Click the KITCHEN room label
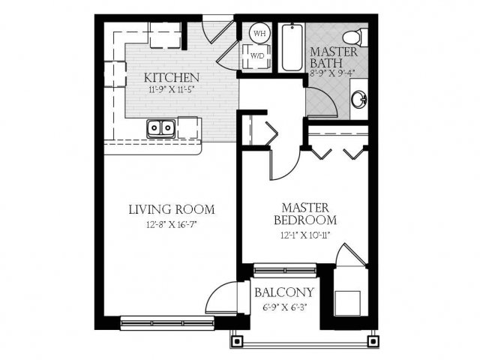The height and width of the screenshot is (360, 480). pyautogui.click(x=172, y=78)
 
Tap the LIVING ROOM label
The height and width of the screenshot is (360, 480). pyautogui.click(x=172, y=210)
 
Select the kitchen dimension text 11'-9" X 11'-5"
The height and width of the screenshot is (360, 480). pyautogui.click(x=172, y=90)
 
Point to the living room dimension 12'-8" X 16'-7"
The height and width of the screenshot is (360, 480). pyautogui.click(x=172, y=225)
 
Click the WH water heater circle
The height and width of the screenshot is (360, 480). pyautogui.click(x=260, y=33)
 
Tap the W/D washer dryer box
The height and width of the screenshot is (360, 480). pyautogui.click(x=256, y=56)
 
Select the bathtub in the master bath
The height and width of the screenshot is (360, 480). pyautogui.click(x=292, y=47)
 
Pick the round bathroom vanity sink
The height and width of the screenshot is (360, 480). pyautogui.click(x=358, y=100)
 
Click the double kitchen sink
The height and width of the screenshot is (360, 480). pyautogui.click(x=161, y=128)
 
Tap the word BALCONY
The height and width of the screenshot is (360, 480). pyautogui.click(x=284, y=292)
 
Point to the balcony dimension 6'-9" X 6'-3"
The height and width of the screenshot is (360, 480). pyautogui.click(x=285, y=307)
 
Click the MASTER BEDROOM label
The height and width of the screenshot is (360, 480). pyautogui.click(x=305, y=214)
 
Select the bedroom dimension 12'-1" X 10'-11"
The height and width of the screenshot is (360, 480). pyautogui.click(x=305, y=235)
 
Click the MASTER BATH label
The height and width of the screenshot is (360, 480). pyautogui.click(x=334, y=57)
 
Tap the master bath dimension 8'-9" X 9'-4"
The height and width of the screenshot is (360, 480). pyautogui.click(x=331, y=73)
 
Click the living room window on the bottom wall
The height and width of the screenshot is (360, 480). pyautogui.click(x=167, y=323)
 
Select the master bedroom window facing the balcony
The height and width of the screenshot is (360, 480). pyautogui.click(x=285, y=271)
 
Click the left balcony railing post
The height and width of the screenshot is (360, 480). pyautogui.click(x=238, y=340)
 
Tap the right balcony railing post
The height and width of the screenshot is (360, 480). pyautogui.click(x=373, y=340)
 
